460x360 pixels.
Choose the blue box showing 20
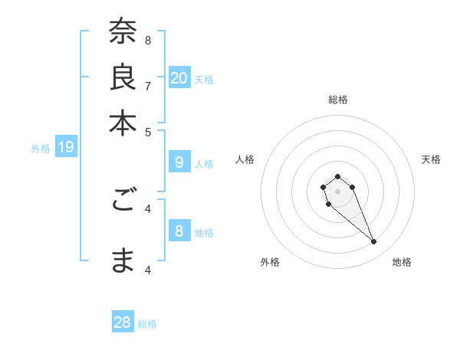(179, 78)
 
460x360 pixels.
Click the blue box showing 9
(179, 162)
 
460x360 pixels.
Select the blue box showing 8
(179, 231)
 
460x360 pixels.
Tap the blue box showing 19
(66, 147)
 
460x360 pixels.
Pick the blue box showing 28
(123, 322)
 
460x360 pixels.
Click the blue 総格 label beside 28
(147, 324)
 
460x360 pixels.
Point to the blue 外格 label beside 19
(41, 149)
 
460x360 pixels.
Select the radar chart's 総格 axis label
(338, 100)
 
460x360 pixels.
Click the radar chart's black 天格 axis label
(431, 159)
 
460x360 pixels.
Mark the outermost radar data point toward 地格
(374, 242)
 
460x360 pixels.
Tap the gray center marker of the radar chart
(337, 191)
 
